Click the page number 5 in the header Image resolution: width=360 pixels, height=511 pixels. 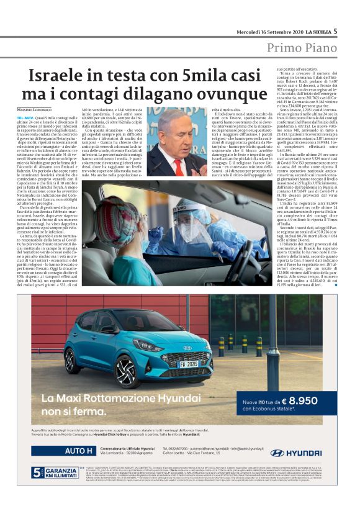[x=335, y=31]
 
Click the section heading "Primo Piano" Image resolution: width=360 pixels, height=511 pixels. [x=302, y=48]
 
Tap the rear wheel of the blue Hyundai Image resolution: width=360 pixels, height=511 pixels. [x=70, y=360]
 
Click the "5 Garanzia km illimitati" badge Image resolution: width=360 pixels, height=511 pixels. [x=52, y=473]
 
